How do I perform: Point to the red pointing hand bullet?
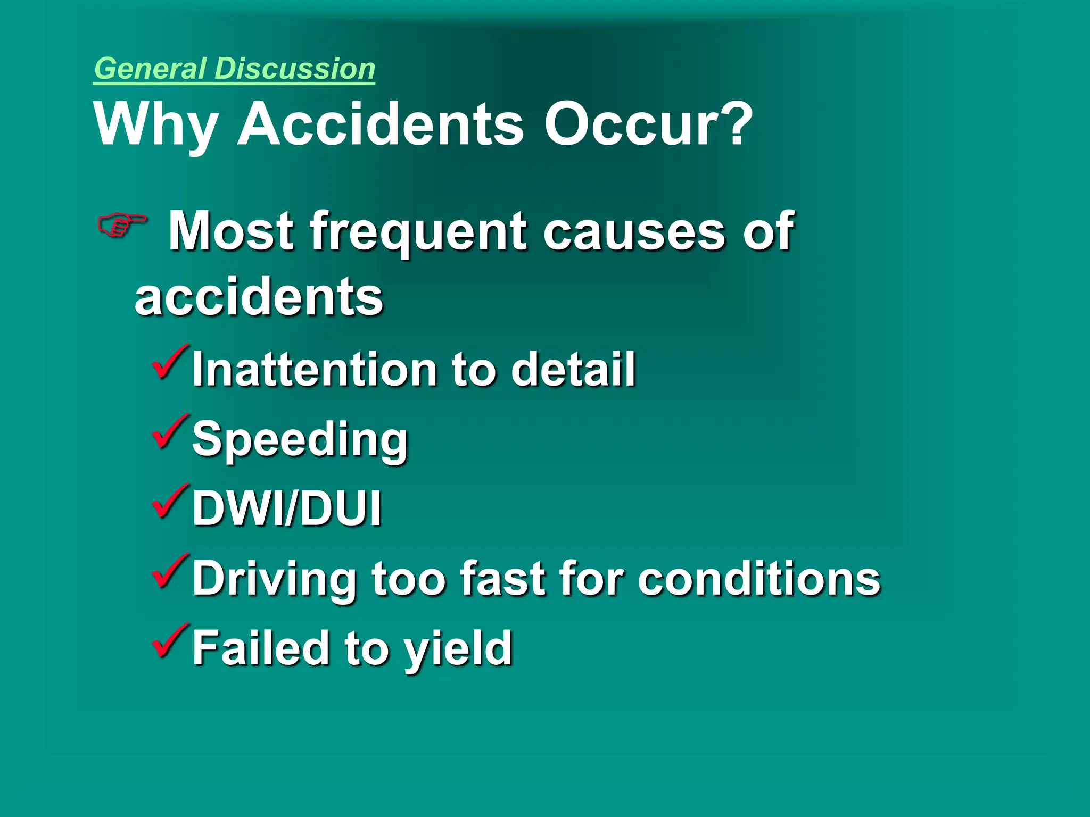pyautogui.click(x=122, y=225)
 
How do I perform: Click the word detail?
pyautogui.click(x=573, y=369)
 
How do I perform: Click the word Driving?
pyautogui.click(x=275, y=579)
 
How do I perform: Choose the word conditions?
pyautogui.click(x=759, y=578)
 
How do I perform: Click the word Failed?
pyautogui.click(x=261, y=647)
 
